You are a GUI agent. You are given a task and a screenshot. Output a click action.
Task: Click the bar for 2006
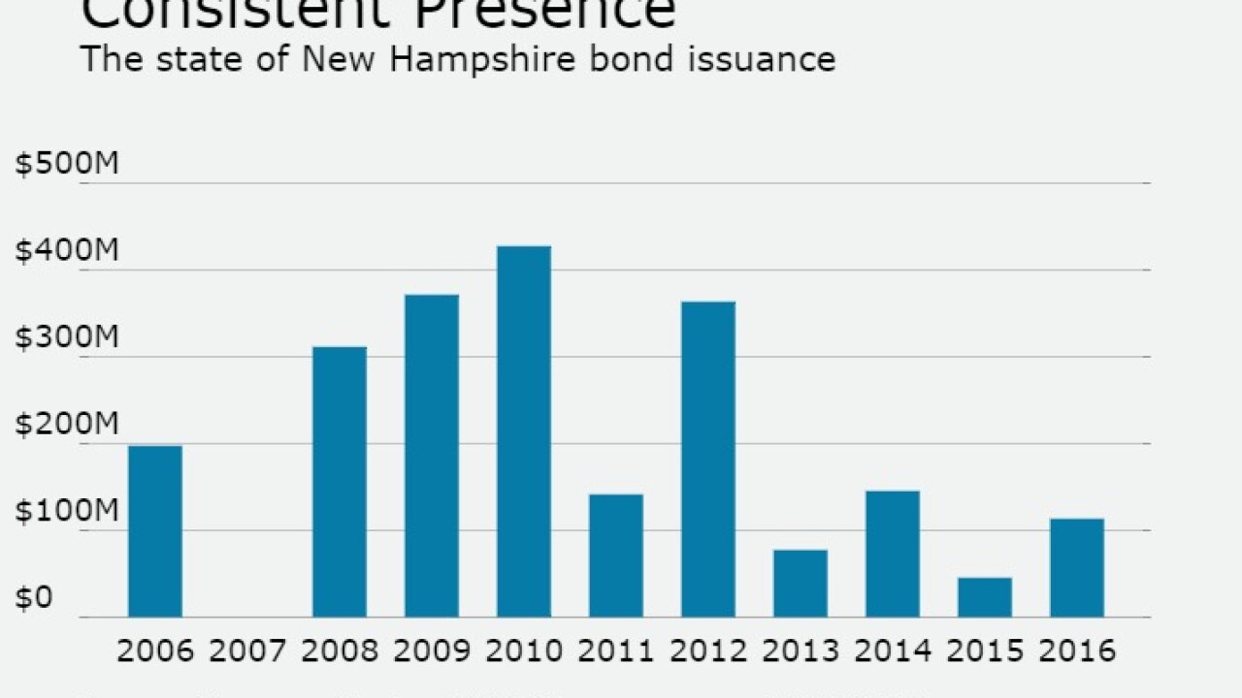(155, 531)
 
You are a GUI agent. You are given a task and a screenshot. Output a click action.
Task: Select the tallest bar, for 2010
(524, 431)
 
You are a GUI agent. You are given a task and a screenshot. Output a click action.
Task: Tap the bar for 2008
(340, 482)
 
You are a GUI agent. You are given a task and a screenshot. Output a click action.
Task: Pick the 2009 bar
(432, 456)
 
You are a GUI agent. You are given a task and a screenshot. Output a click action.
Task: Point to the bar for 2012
(708, 460)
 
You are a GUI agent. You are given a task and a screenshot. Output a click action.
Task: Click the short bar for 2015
(985, 597)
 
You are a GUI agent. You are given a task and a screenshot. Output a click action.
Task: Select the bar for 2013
(801, 584)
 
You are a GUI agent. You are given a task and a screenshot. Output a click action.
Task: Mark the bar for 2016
(1077, 568)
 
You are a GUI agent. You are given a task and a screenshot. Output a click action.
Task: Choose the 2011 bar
(616, 555)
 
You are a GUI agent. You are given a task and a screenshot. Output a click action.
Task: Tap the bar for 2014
(893, 554)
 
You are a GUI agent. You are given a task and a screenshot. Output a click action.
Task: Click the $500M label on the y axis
(67, 164)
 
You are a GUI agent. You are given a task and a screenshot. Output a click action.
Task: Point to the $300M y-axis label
(67, 338)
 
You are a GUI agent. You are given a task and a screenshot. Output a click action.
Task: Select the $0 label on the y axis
(33, 598)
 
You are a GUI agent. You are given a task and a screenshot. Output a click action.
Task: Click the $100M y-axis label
(67, 512)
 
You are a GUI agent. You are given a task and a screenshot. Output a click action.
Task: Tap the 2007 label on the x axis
(247, 650)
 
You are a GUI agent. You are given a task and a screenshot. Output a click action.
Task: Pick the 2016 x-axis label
(1077, 650)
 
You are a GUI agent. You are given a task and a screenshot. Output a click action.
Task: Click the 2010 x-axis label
(524, 650)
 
